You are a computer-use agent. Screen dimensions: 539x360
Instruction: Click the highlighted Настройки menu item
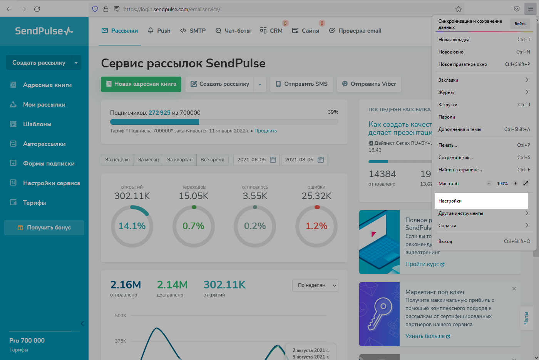click(x=481, y=201)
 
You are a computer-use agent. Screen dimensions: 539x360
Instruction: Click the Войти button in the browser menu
click(x=520, y=24)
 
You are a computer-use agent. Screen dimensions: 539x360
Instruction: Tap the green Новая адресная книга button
click(x=141, y=84)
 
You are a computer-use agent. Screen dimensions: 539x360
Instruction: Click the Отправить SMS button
click(x=301, y=84)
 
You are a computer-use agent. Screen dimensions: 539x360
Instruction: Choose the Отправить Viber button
click(x=369, y=84)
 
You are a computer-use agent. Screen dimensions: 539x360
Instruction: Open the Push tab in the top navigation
click(x=159, y=31)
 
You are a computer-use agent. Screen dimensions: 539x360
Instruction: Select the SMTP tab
click(x=193, y=31)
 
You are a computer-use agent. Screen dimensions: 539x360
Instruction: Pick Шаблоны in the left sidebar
click(x=37, y=124)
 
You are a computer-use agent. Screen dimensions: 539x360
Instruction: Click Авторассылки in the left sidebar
click(x=44, y=144)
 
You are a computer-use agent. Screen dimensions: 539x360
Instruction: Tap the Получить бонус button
click(x=44, y=228)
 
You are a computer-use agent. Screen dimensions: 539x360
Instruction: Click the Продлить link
click(x=265, y=131)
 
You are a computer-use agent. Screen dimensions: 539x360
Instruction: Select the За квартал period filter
click(x=180, y=160)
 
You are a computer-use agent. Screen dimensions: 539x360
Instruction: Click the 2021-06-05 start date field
click(x=256, y=160)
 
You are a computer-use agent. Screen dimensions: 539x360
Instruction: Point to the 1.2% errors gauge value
click(x=316, y=226)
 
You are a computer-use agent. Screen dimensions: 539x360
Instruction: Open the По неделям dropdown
click(x=315, y=285)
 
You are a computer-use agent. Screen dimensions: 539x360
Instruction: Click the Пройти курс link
click(x=425, y=264)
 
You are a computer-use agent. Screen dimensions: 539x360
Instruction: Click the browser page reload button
click(x=37, y=9)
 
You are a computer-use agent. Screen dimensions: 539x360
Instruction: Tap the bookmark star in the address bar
click(x=459, y=9)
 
